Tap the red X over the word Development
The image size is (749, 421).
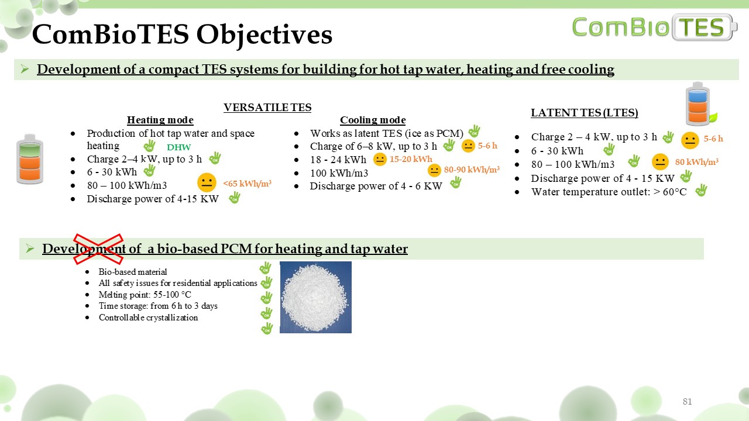(98, 249)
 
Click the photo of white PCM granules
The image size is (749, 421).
(315, 297)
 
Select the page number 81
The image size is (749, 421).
(687, 401)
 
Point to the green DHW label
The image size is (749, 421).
(179, 147)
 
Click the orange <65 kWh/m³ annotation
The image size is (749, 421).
(247, 184)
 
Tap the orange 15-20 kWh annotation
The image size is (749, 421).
(411, 159)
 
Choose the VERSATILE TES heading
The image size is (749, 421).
(267, 108)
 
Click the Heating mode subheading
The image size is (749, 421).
(160, 120)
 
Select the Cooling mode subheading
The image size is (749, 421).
(373, 120)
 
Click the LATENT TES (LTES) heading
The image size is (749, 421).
(585, 113)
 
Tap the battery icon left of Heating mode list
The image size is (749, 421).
(30, 159)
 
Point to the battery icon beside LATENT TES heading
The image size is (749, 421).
(699, 104)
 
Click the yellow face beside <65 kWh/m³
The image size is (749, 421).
(207, 182)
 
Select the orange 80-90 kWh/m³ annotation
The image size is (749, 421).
(472, 170)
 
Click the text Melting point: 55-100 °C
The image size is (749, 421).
(145, 295)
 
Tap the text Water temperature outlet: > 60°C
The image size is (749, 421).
(609, 192)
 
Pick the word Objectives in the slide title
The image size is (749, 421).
(264, 34)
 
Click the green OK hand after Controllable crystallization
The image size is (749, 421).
(266, 328)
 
